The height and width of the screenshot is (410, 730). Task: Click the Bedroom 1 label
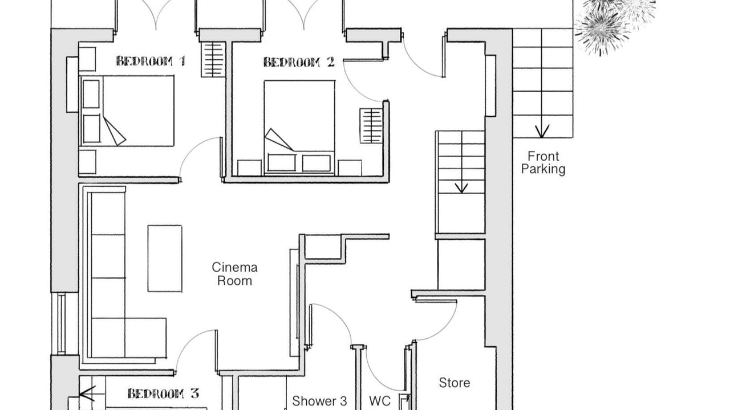(151, 61)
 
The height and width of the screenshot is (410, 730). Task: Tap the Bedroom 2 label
(299, 62)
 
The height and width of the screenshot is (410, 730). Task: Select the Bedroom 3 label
(163, 393)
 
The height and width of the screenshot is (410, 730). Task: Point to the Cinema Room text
(234, 274)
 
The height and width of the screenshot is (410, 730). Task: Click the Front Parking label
(544, 163)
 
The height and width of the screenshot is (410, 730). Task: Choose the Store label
(455, 383)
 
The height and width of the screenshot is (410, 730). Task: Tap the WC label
(380, 401)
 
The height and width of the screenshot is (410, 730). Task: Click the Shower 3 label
(319, 401)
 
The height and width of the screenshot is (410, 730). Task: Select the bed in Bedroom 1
(127, 111)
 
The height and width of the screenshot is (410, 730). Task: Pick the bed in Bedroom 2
(299, 128)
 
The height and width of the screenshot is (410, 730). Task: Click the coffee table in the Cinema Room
(165, 259)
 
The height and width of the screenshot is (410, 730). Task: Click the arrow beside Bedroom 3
(87, 393)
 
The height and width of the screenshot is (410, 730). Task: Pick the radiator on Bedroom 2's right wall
(371, 126)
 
